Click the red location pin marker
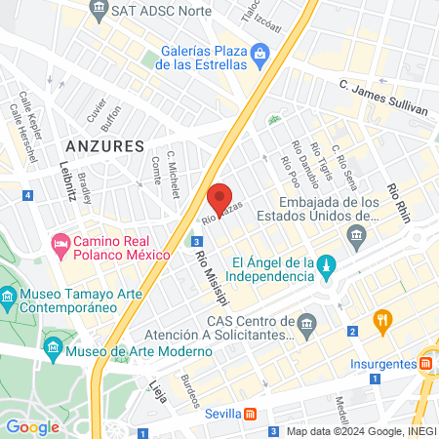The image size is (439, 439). (x=220, y=199)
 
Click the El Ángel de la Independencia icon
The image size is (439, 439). (x=327, y=264)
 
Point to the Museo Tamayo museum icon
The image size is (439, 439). (x=9, y=295)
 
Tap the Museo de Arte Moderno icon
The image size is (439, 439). (x=53, y=346)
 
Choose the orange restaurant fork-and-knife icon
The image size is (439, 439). (x=383, y=318)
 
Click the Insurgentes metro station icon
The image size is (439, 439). (x=427, y=363)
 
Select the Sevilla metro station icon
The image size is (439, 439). (x=251, y=413)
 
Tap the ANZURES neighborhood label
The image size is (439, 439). (x=103, y=145)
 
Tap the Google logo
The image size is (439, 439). (x=32, y=426)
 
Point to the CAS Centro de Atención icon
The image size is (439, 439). (x=308, y=322)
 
